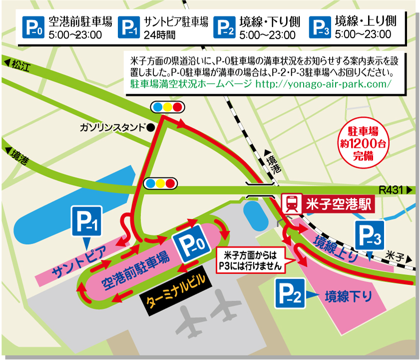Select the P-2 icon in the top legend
pos(224,27)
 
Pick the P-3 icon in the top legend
pos(319,27)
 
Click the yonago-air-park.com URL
pos(323,83)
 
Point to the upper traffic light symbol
pos(167,107)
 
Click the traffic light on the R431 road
pos(160,183)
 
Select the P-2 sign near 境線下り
pos(289,294)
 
